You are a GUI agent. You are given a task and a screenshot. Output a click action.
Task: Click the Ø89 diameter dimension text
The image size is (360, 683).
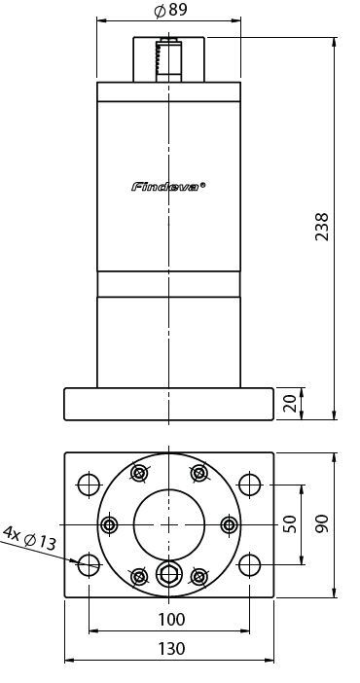click(x=171, y=10)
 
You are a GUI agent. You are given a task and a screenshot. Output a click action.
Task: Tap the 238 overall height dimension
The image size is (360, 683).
click(x=322, y=227)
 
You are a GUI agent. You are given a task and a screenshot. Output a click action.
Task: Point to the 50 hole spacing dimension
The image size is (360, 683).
click(x=289, y=524)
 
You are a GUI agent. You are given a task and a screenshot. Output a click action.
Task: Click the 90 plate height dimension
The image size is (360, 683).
click(x=322, y=524)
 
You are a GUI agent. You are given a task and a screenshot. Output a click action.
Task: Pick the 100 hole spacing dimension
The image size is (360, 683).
click(x=171, y=619)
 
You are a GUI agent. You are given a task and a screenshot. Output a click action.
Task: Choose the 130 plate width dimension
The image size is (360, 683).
click(x=171, y=649)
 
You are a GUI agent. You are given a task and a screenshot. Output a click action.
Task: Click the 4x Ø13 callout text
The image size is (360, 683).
click(x=29, y=537)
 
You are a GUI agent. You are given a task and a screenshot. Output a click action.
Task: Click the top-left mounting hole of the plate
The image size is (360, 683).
click(x=89, y=485)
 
